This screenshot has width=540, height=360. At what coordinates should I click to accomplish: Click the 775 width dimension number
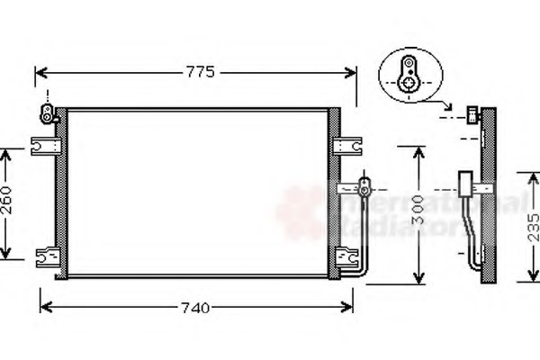pos(200,73)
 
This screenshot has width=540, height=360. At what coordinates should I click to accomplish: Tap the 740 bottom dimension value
pos(194,308)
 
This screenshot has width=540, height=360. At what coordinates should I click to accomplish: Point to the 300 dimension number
pos(416,213)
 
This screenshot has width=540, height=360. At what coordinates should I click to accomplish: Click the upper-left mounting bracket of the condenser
pos(44,144)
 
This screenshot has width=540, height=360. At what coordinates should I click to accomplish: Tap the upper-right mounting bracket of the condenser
pos(345,144)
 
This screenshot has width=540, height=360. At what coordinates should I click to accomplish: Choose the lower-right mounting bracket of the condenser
pos(345,256)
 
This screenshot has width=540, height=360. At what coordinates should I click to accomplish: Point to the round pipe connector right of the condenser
pos(364,189)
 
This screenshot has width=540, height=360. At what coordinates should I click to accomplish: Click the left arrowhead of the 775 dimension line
pos(39,73)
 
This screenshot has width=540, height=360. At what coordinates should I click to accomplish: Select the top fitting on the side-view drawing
pos(472,114)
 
